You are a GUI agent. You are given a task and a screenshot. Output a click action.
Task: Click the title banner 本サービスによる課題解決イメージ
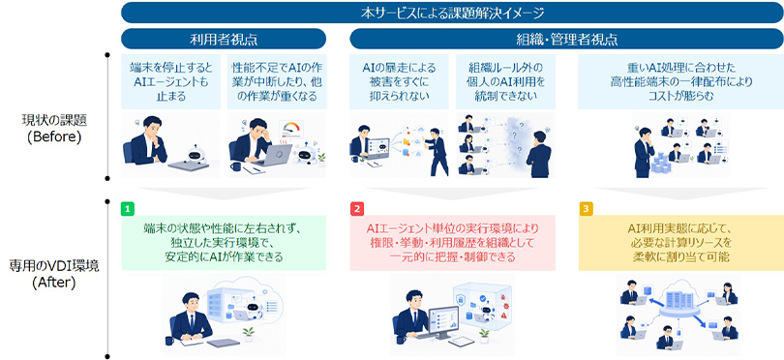452,13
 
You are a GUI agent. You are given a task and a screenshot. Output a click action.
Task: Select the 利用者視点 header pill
224,39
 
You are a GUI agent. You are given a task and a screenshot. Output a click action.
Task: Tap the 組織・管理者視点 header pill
566,39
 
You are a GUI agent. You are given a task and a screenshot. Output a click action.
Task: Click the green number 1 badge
128,208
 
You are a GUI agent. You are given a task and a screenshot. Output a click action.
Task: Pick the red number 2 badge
356,208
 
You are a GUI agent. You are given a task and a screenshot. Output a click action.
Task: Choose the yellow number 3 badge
585,208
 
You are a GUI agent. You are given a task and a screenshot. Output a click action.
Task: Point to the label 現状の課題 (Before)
54,128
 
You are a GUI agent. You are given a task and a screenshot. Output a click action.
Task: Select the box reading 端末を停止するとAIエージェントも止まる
171,81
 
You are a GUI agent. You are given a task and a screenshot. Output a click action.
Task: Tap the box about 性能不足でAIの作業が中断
276,81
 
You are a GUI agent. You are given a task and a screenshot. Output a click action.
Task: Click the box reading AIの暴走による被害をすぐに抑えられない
399,81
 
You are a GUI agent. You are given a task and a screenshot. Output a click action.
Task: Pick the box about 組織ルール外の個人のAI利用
505,81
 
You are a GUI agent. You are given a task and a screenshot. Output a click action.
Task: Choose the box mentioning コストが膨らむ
680,81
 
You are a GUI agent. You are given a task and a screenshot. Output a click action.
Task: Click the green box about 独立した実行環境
224,243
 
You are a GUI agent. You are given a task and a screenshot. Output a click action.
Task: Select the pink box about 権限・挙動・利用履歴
453,243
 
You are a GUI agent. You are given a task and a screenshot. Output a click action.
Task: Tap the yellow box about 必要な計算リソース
681,243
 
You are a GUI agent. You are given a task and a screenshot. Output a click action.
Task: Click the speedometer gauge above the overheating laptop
292,129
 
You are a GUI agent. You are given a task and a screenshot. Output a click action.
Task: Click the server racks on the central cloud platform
680,300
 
